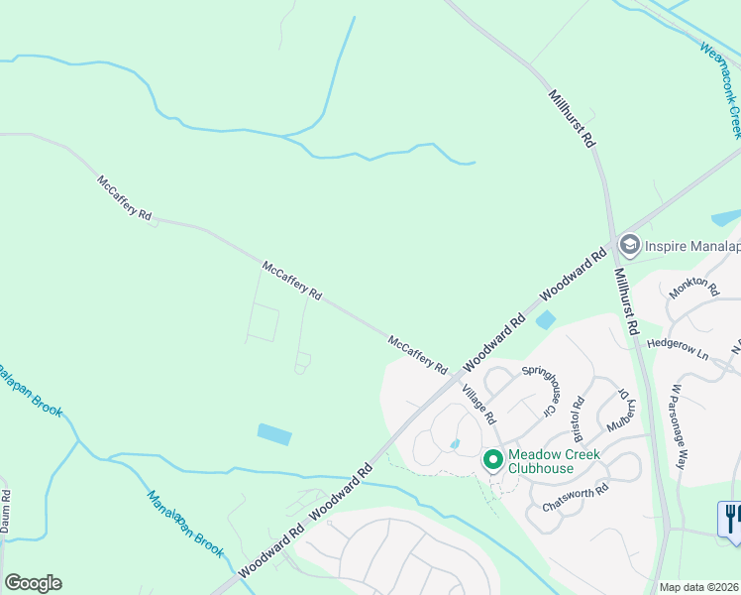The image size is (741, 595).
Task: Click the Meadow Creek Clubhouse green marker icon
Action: [x=492, y=460]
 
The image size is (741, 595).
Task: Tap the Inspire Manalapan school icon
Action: [x=628, y=244]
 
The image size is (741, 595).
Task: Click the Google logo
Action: [x=33, y=583]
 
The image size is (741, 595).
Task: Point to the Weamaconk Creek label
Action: [x=721, y=89]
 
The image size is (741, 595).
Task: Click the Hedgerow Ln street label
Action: [x=679, y=348]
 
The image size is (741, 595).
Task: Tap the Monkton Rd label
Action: [x=693, y=286]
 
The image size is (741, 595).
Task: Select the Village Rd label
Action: [x=477, y=402]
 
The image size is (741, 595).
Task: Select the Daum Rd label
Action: [x=6, y=512]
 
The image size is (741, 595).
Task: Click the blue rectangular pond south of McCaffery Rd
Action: [x=274, y=434]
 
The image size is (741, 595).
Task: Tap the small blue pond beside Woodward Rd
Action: [x=546, y=319]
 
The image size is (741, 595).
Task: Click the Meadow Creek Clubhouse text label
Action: [x=554, y=462]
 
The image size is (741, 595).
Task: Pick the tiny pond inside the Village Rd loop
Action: [x=455, y=444]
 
